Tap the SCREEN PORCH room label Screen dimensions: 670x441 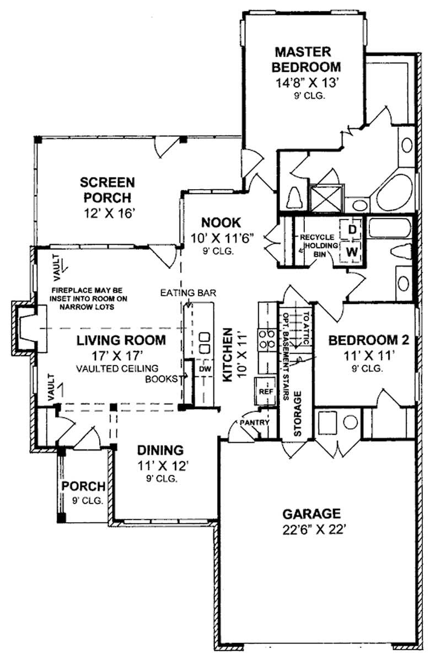108,189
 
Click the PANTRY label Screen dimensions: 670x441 254,423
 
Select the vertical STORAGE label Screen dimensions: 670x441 298,414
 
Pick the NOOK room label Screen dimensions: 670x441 220,222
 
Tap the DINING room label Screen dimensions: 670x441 161,449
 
